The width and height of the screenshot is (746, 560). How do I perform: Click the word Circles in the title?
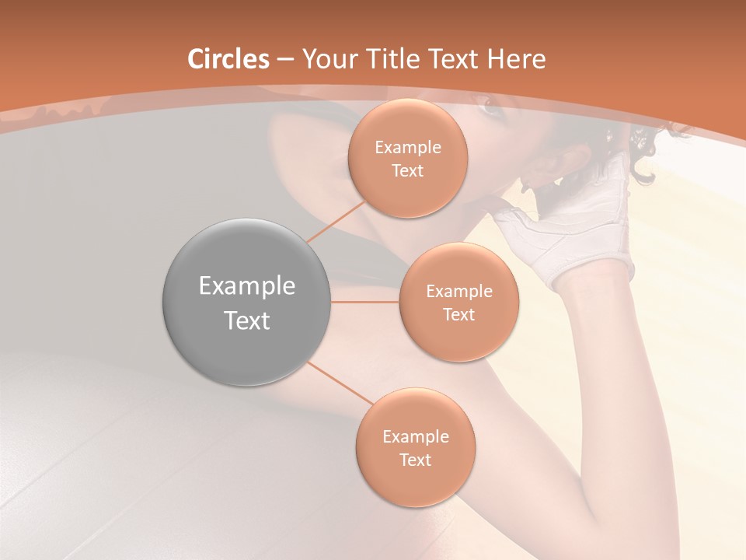pyautogui.click(x=228, y=59)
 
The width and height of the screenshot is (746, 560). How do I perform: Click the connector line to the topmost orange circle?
pyautogui.click(x=336, y=222)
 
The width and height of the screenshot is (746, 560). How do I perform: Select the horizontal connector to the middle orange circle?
pyautogui.click(x=364, y=302)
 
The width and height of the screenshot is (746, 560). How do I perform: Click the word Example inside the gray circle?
pyautogui.click(x=246, y=285)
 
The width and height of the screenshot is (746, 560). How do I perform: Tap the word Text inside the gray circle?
pyautogui.click(x=246, y=320)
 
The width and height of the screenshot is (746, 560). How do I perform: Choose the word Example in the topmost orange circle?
pyautogui.click(x=407, y=147)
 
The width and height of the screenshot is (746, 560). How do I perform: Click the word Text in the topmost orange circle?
pyautogui.click(x=407, y=170)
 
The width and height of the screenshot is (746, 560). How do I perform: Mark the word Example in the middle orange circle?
pyautogui.click(x=458, y=291)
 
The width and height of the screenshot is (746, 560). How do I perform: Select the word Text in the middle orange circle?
pyautogui.click(x=458, y=314)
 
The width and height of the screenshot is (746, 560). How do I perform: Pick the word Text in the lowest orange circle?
pyautogui.click(x=415, y=460)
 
